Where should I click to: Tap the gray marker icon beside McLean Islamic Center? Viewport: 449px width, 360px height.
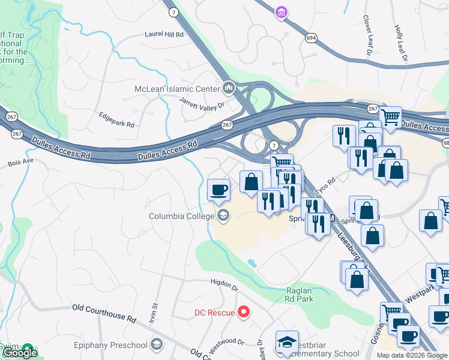(228, 89)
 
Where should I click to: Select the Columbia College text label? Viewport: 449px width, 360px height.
(182, 216)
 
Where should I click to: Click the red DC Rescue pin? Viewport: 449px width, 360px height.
(244, 312)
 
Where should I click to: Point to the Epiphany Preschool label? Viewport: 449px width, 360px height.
(110, 344)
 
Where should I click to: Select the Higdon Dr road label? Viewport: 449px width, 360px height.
(225, 282)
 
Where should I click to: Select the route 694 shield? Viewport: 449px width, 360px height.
(311, 37)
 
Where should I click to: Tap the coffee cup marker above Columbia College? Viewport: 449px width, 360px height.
(218, 190)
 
